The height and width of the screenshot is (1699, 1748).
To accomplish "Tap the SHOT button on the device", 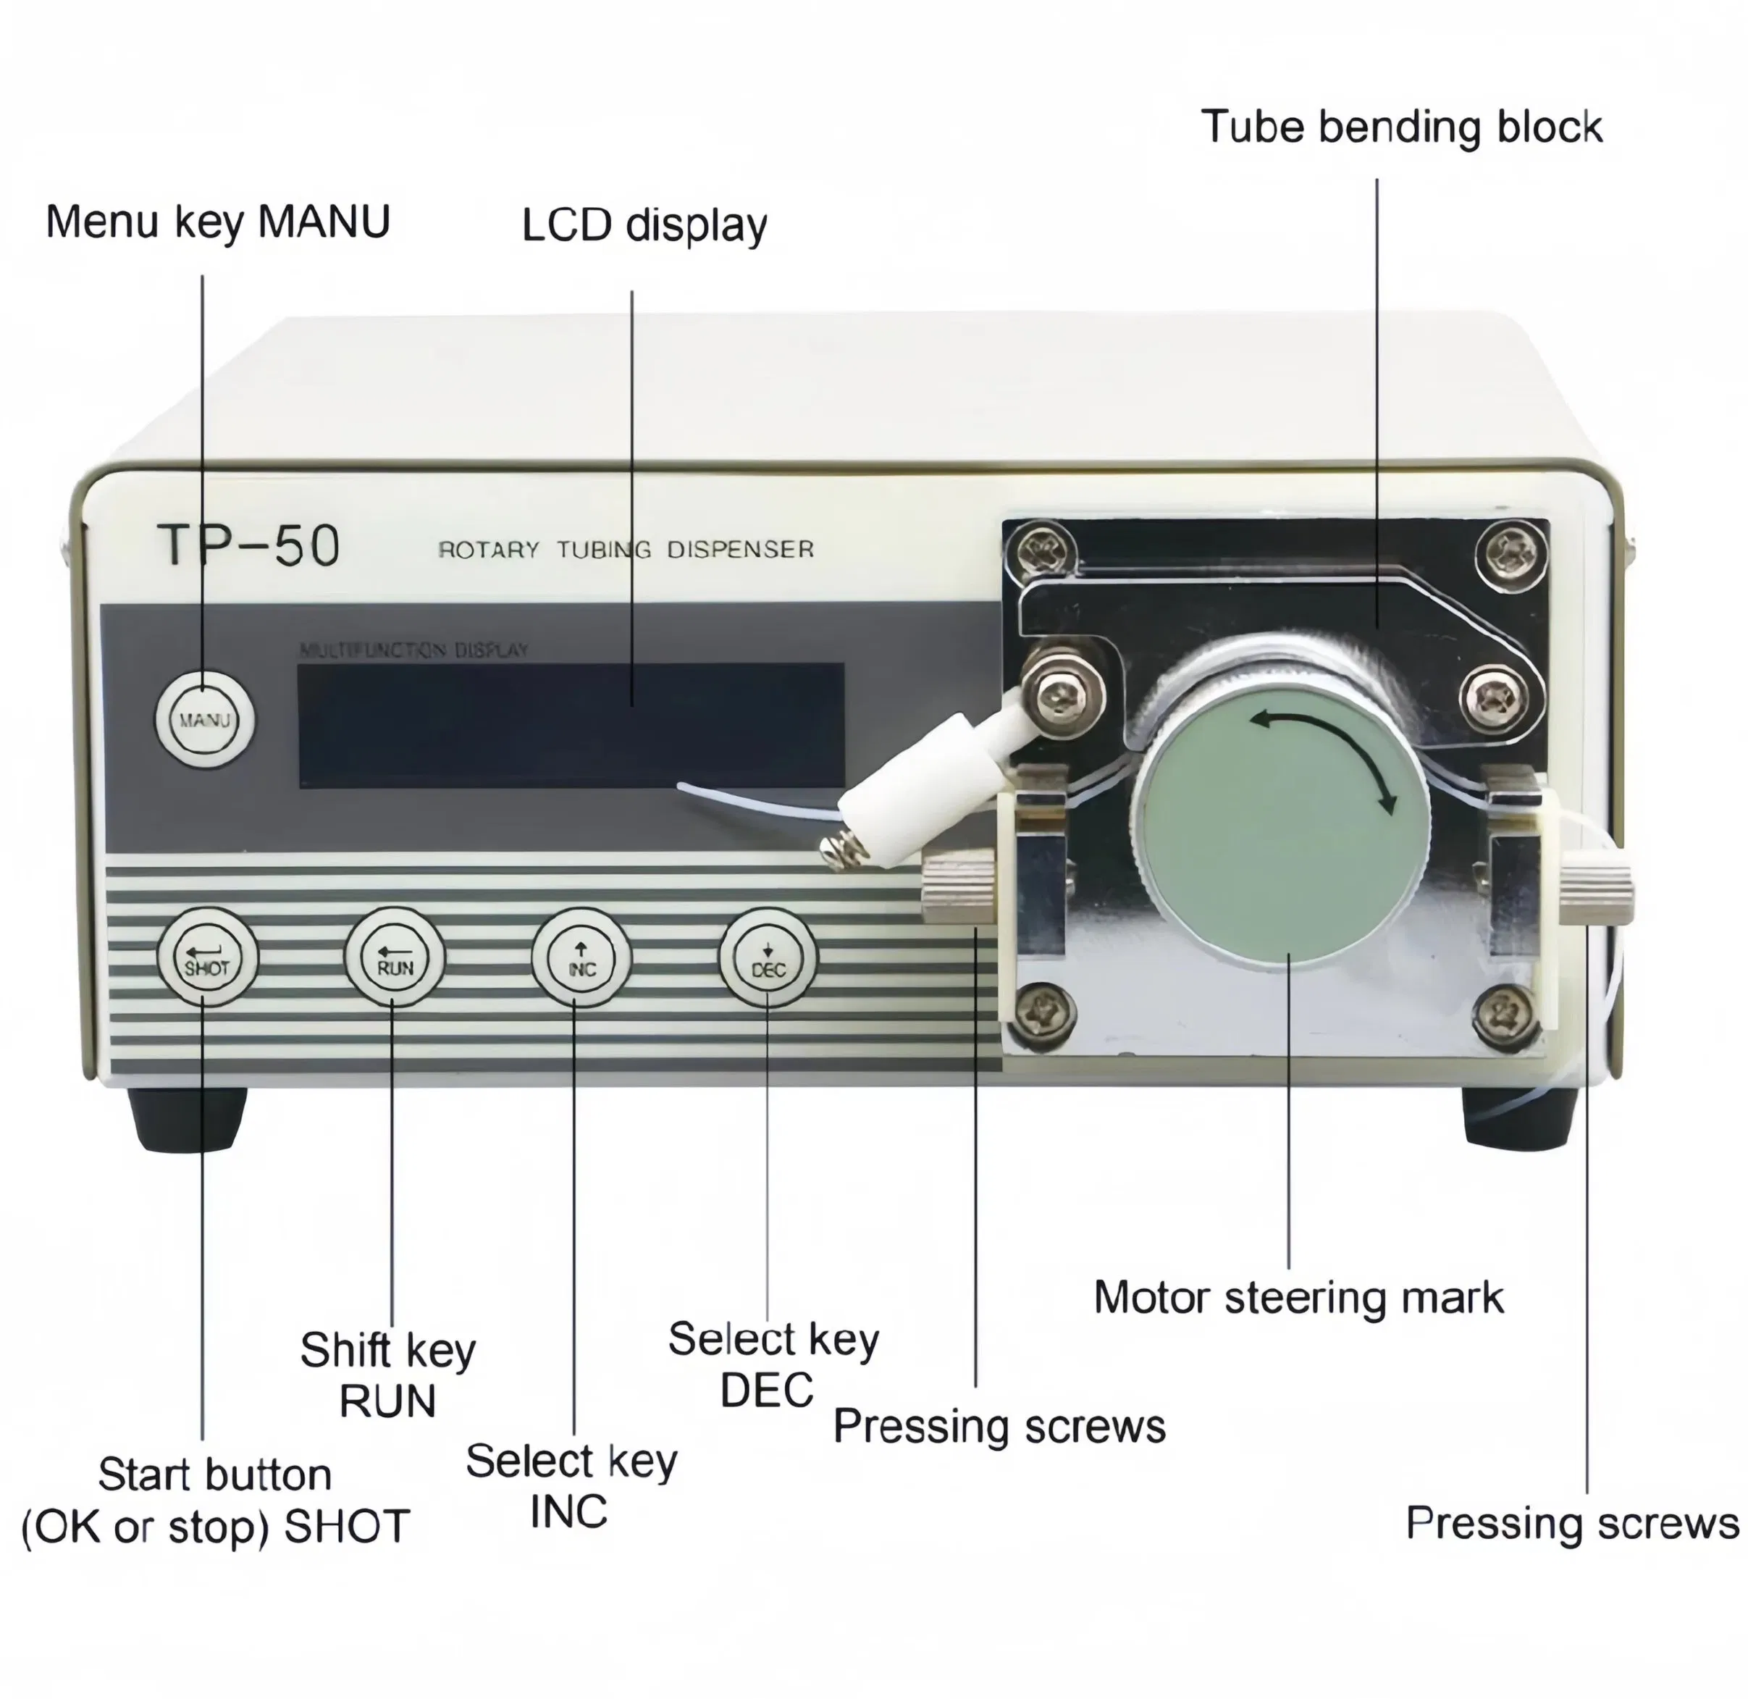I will click(207, 957).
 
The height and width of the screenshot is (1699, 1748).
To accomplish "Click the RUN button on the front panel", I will click(393, 957).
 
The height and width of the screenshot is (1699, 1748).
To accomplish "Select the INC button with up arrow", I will click(581, 957).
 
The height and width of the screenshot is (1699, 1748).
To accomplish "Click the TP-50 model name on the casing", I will click(249, 545).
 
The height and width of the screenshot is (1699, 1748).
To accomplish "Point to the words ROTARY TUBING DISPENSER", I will click(626, 549).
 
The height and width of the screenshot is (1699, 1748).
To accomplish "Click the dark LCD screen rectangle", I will click(571, 724).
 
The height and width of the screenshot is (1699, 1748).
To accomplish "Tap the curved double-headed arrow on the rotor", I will click(1329, 757).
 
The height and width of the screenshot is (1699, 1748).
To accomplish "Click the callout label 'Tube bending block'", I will click(1401, 127).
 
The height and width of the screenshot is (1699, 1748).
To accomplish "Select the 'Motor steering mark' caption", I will click(1298, 1298).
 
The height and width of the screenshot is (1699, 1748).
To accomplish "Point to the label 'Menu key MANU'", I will click(218, 222).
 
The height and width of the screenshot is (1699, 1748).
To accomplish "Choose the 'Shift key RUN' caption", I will click(387, 1375).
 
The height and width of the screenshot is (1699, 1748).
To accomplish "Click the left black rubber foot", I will click(187, 1118).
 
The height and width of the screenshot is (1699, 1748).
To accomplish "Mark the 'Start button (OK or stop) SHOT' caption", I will click(215, 1501).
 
